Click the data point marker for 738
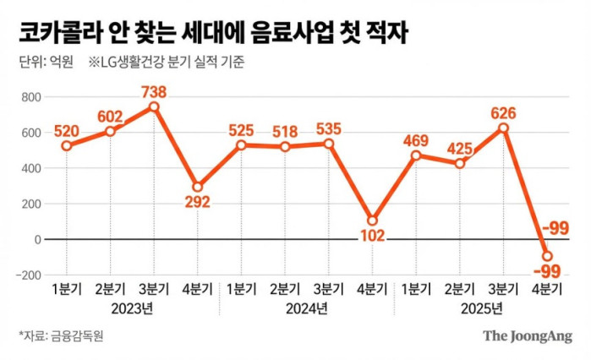point(153,107)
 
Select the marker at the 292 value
point(197,187)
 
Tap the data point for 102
point(372,221)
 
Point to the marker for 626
point(503,128)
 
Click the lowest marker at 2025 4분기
point(547,256)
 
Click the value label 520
point(66,131)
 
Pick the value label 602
point(110,116)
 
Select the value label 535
point(328,128)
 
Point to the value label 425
point(459,148)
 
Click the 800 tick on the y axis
point(30,97)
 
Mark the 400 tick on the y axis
point(30,168)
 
